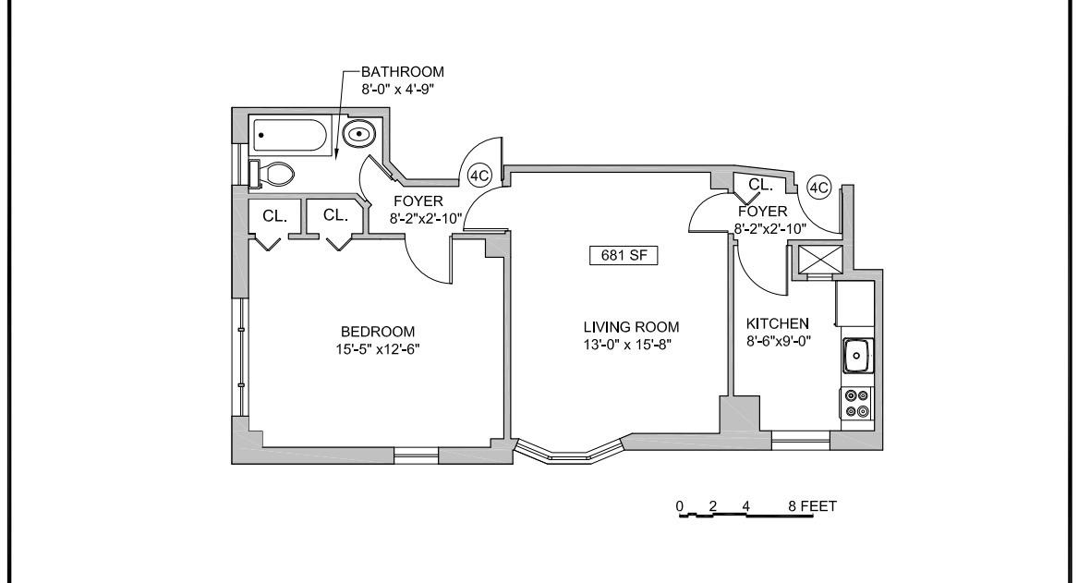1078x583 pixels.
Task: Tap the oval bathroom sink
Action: point(358,135)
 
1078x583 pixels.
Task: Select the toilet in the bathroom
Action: point(275,173)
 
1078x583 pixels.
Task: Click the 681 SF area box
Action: point(624,256)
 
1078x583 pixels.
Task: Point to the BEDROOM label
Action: point(378,332)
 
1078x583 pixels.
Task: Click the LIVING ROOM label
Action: point(631,327)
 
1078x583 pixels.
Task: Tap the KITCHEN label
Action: point(777,323)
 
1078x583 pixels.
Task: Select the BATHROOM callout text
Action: point(402,71)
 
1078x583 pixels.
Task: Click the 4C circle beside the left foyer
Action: point(479,175)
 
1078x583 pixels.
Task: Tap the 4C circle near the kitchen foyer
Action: point(818,188)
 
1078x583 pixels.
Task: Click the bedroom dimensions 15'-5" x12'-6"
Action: point(377,348)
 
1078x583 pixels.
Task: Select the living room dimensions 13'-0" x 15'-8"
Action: point(631,344)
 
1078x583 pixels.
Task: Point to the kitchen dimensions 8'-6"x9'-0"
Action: point(777,340)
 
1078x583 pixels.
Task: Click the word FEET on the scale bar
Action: point(819,506)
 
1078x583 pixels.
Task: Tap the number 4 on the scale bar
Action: point(745,506)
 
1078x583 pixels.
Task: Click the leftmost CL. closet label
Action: point(275,216)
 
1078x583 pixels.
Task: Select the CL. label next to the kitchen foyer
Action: point(760,185)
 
